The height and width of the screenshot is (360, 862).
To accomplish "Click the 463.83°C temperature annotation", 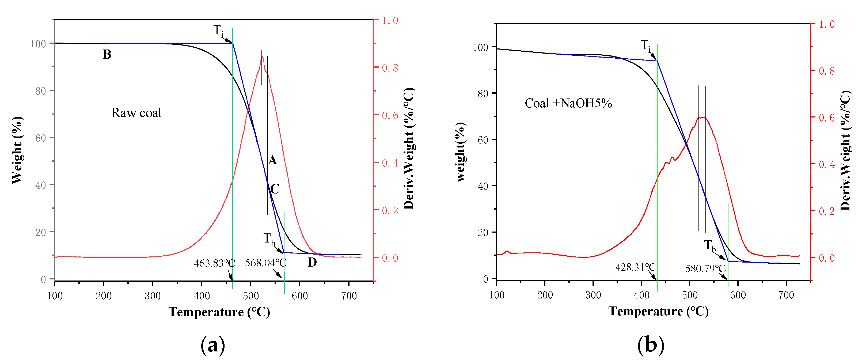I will click(x=214, y=263).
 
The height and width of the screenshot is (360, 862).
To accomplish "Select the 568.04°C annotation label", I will click(x=266, y=263).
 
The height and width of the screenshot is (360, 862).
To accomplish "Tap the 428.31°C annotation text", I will click(x=635, y=267).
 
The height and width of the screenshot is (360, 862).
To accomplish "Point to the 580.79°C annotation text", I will click(x=705, y=268).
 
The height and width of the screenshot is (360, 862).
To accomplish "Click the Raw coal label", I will click(x=136, y=113).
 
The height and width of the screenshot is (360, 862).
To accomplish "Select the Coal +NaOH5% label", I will click(x=568, y=103).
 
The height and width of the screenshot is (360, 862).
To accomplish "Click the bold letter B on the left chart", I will click(x=107, y=54).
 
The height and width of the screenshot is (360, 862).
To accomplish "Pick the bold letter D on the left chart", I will click(x=312, y=263).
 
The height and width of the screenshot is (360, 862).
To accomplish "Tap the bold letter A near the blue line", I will click(x=273, y=160).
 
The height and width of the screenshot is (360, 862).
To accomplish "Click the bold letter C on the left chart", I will click(x=275, y=189).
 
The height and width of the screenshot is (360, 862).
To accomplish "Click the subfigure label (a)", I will click(x=213, y=345).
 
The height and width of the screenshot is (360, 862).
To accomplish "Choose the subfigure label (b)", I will click(x=651, y=345).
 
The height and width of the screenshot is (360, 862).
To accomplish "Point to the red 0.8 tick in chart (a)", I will click(x=390, y=68).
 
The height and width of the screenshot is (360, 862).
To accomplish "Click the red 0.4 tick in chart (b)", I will click(x=826, y=164).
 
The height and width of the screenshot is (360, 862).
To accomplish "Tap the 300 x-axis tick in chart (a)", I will click(x=153, y=296).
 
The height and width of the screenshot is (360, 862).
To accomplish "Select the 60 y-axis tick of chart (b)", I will click(x=483, y=140).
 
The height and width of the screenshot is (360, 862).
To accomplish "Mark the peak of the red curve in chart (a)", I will click(x=262, y=56).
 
